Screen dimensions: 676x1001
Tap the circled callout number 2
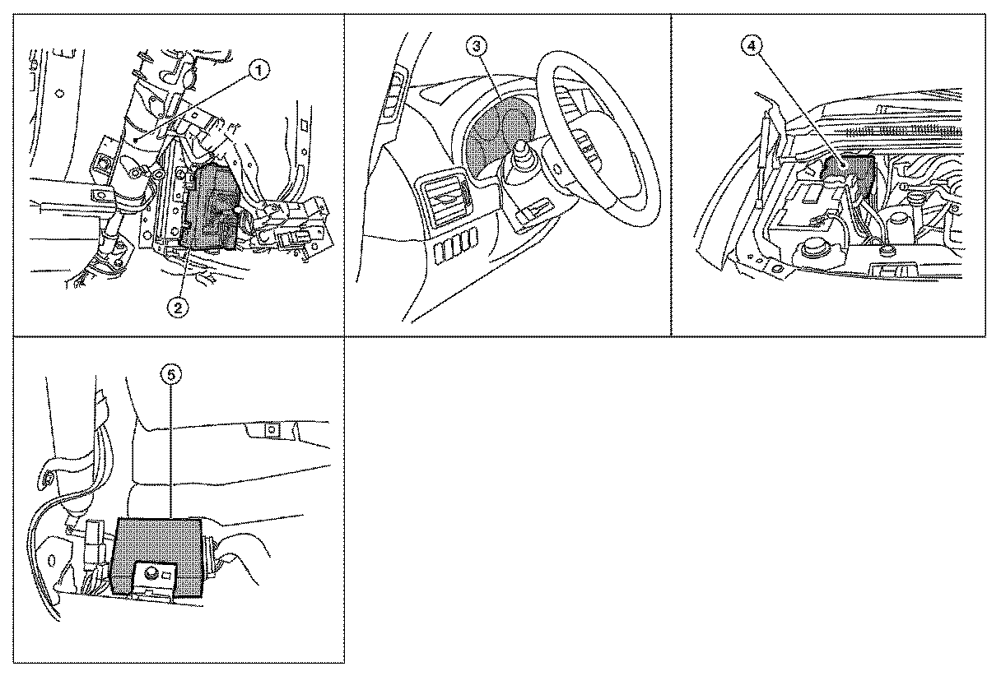178,308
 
